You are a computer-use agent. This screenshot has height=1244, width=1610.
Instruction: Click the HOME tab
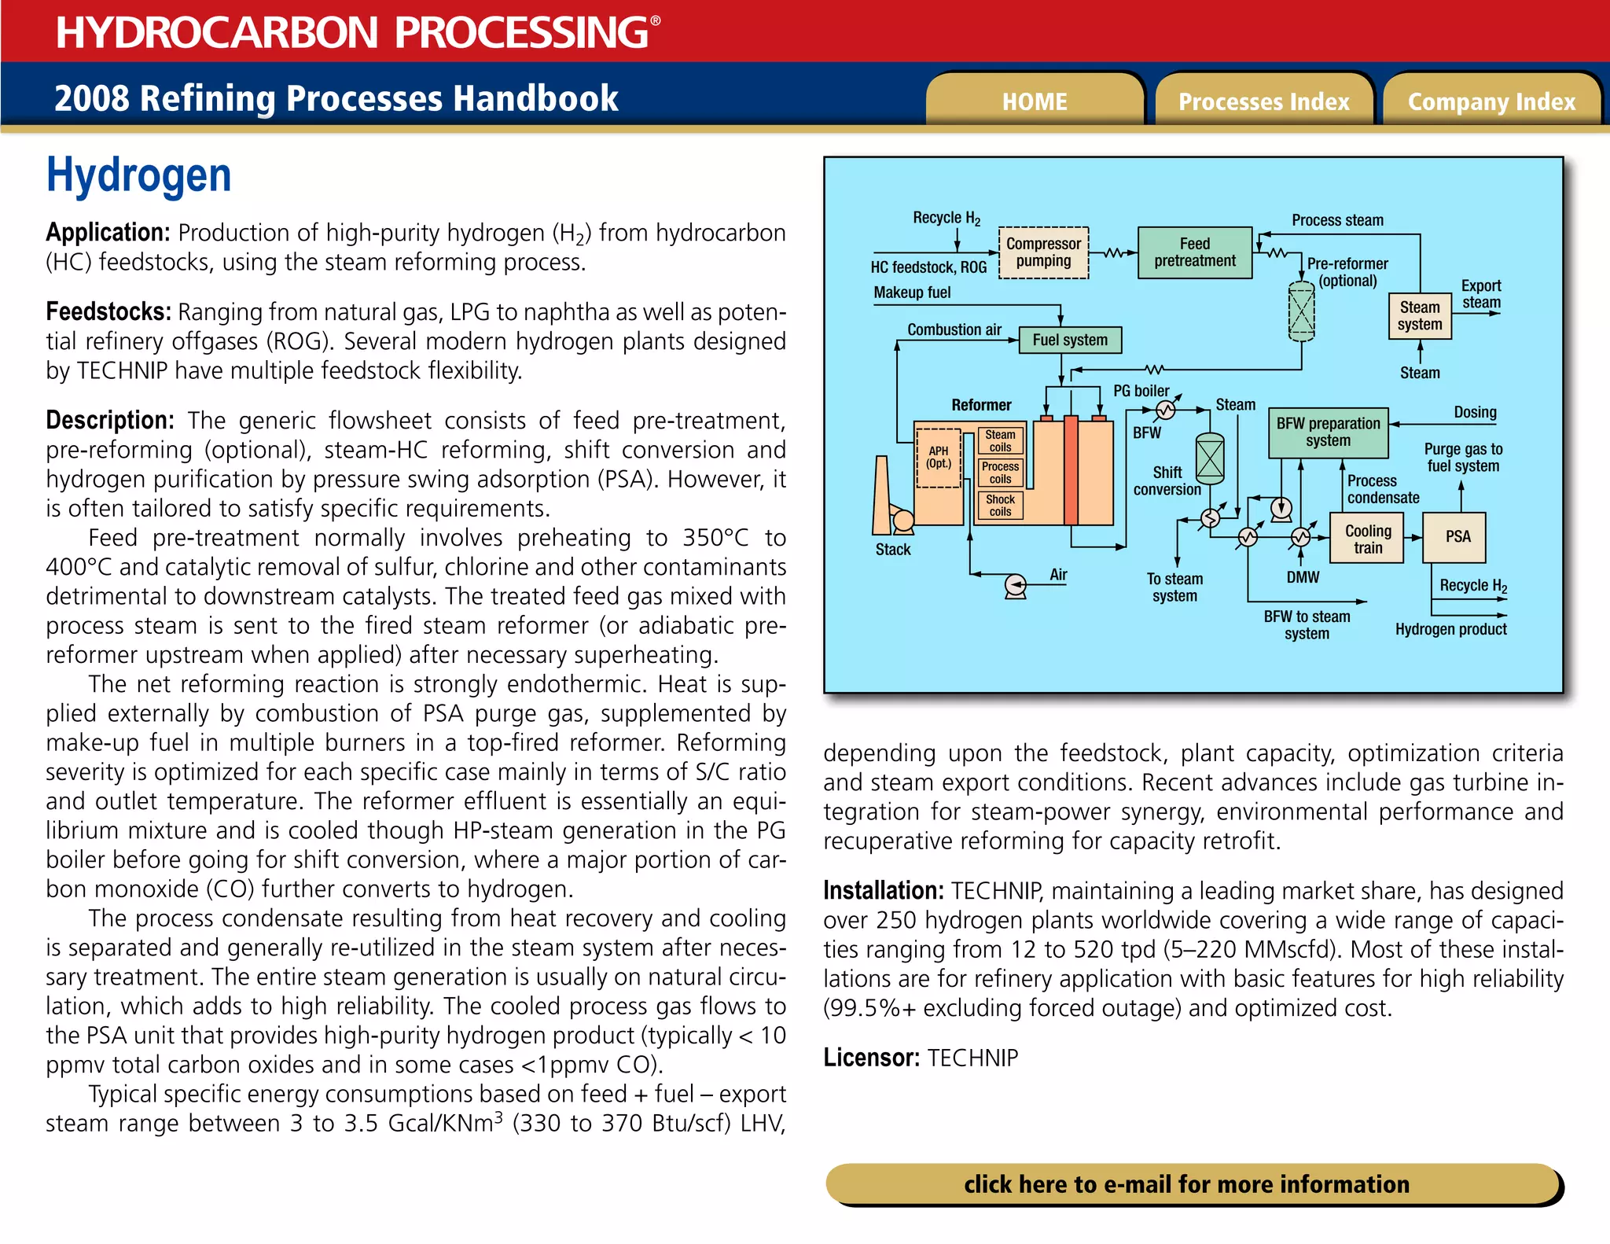pos(1035,101)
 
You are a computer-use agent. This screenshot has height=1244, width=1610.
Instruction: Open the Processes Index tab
pos(1263,101)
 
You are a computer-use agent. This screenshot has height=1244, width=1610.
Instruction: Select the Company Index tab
pos(1491,101)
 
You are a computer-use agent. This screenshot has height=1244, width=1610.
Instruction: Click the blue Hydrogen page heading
pos(138,175)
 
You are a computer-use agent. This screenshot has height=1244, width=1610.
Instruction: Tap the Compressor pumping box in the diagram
pos(1043,252)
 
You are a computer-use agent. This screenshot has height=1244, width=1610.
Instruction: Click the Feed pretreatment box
pos(1194,252)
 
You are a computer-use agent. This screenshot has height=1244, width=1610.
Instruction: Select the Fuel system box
pos(1069,340)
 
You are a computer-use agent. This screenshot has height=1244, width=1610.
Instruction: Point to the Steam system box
pos(1419,316)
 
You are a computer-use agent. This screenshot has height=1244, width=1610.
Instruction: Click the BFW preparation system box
pos(1328,432)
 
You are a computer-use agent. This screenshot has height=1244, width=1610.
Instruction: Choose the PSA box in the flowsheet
pos(1457,537)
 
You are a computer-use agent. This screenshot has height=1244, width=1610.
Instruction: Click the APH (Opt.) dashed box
pos(939,458)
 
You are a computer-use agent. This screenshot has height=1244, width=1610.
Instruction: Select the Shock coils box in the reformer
pos(1000,506)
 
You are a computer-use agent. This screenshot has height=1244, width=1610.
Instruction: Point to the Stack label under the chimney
pos(892,550)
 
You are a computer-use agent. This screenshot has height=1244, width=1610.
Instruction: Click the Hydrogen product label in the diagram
pos(1450,629)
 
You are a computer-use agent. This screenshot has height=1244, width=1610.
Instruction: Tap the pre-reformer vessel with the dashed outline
pos(1301,312)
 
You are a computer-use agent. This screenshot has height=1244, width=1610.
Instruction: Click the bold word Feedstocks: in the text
pos(108,312)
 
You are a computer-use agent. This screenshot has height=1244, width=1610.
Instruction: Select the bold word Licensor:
pos(871,1058)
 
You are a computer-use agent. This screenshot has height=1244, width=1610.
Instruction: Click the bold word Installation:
pos(883,891)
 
